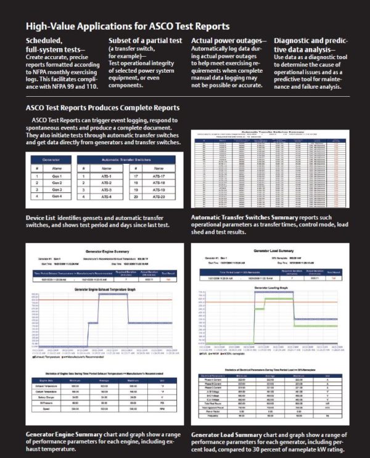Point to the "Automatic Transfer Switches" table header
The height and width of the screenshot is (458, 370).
pos(131,160)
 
